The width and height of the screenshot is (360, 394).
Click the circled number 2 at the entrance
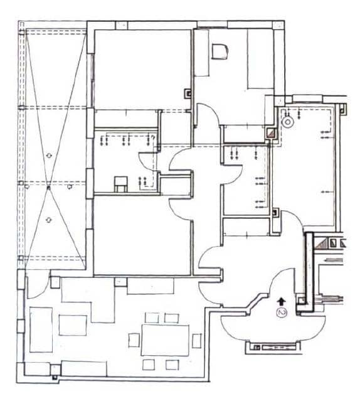click(x=282, y=312)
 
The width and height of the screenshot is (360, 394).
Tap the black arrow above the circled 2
click(x=281, y=301)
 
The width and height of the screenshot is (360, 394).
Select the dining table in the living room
click(x=165, y=339)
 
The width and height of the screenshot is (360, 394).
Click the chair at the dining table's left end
click(x=134, y=340)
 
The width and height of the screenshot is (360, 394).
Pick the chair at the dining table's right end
click(x=196, y=340)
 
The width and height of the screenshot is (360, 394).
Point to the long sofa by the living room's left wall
click(x=41, y=329)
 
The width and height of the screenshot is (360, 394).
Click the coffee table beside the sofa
click(x=73, y=325)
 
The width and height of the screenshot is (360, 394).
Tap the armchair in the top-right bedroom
click(x=219, y=51)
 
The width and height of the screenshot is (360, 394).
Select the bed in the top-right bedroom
click(x=260, y=59)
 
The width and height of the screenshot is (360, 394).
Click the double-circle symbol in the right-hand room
click(x=287, y=122)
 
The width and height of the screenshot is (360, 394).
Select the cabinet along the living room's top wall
click(x=151, y=286)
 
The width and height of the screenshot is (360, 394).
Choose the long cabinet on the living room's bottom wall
click(x=85, y=369)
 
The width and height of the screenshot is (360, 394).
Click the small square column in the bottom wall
click(x=55, y=376)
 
